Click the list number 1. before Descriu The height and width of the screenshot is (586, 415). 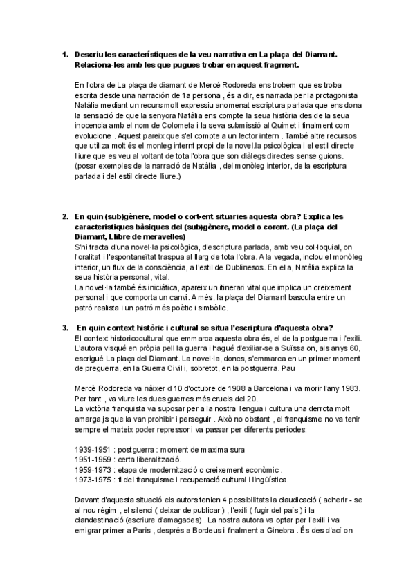65,53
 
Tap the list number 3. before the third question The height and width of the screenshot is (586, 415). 65,327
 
